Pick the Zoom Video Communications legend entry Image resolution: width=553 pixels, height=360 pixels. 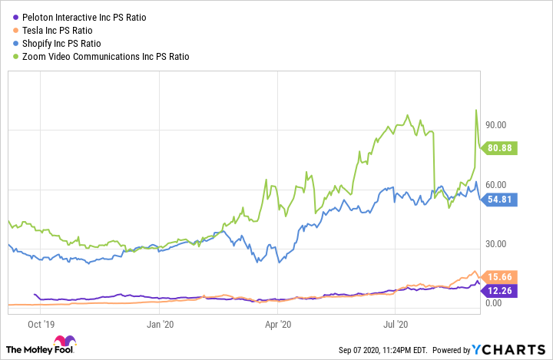[100, 56]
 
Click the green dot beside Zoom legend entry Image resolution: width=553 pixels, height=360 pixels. [8, 56]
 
